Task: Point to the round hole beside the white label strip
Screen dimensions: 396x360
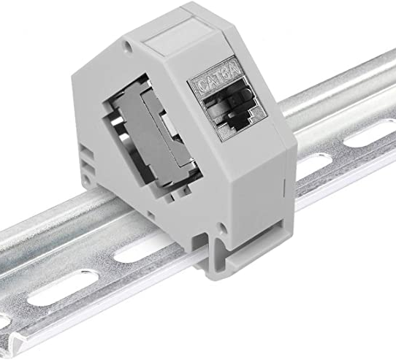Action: tap(128, 47)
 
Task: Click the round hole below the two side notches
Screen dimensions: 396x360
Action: tap(86, 180)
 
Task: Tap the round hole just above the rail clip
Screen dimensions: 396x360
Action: tap(221, 227)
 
